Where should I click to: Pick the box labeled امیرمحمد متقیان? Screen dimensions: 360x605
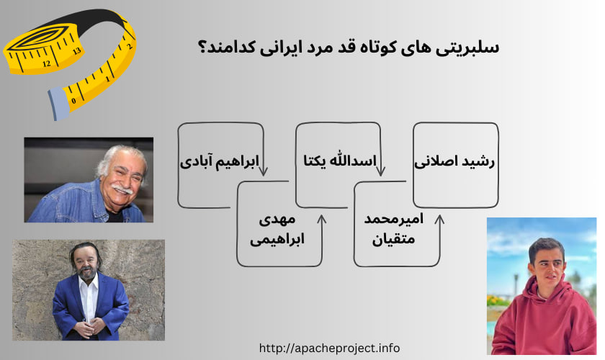click(395, 228)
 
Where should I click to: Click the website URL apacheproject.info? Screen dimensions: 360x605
click(329, 348)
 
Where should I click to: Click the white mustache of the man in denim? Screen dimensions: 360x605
click(121, 189)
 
